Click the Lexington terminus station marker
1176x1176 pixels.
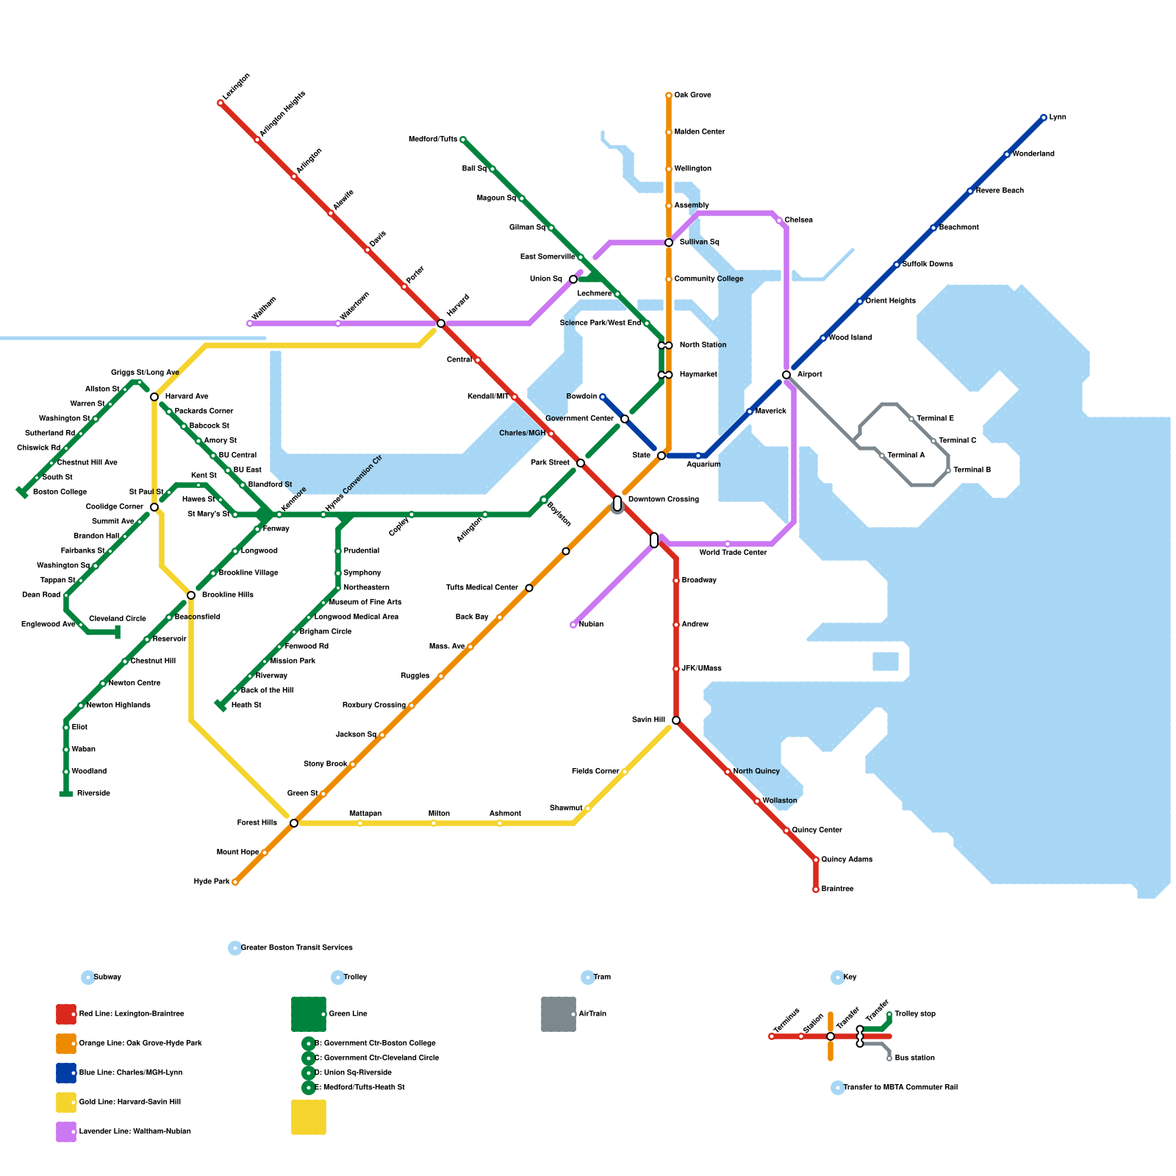220,103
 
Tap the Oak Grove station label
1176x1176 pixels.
692,96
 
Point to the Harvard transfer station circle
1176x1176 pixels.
441,323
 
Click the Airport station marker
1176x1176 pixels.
786,375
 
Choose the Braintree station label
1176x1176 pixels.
837,889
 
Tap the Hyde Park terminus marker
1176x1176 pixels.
235,882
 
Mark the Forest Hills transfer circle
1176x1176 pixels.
294,823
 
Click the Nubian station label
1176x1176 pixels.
591,625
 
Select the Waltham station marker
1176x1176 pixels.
250,323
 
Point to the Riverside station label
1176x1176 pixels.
93,794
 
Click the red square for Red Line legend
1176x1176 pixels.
66,1014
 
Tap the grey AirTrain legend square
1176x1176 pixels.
559,1014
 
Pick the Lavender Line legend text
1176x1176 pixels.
135,1132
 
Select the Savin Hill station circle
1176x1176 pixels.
676,720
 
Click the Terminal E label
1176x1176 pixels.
935,419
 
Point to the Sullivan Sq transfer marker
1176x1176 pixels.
669,243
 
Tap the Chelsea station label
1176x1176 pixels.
798,220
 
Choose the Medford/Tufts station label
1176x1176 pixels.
433,140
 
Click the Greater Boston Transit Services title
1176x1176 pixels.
296,948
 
